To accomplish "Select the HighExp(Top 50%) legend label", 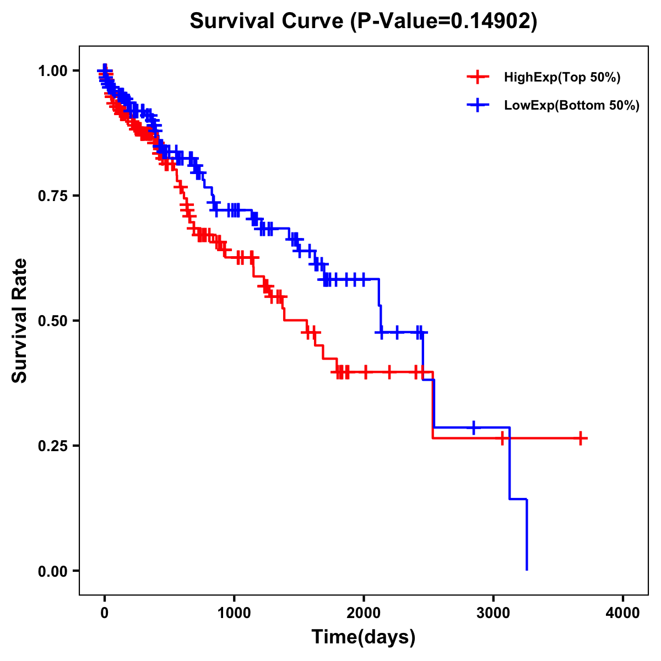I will coord(562,78).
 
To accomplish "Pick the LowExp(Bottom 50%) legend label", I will coord(572,105).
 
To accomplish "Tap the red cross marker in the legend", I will coord(478,78).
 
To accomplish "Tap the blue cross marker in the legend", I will coord(478,105).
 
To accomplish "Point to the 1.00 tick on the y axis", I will coord(52,71).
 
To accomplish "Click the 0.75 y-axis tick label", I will coord(52,196).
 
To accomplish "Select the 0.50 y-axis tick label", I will coord(52,321).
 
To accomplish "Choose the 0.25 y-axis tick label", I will coord(52,446).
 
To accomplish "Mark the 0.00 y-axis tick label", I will coord(52,571).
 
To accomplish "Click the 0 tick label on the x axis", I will coord(105,613).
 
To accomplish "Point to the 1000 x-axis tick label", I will coord(234,613).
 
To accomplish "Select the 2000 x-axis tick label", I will coord(364,613).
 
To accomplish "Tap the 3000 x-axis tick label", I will coord(494,613).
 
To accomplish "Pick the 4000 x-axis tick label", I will coord(623,613).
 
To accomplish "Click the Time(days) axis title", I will coord(364,637).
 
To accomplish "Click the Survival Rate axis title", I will coord(20,321).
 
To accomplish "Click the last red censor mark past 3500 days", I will coord(581,438).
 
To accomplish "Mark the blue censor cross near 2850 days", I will coord(474,427).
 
